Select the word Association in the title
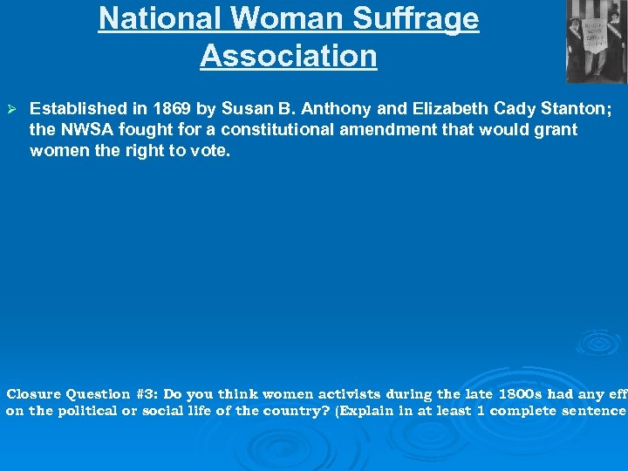(288, 55)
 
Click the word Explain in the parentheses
(367, 411)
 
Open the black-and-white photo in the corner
(595, 41)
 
